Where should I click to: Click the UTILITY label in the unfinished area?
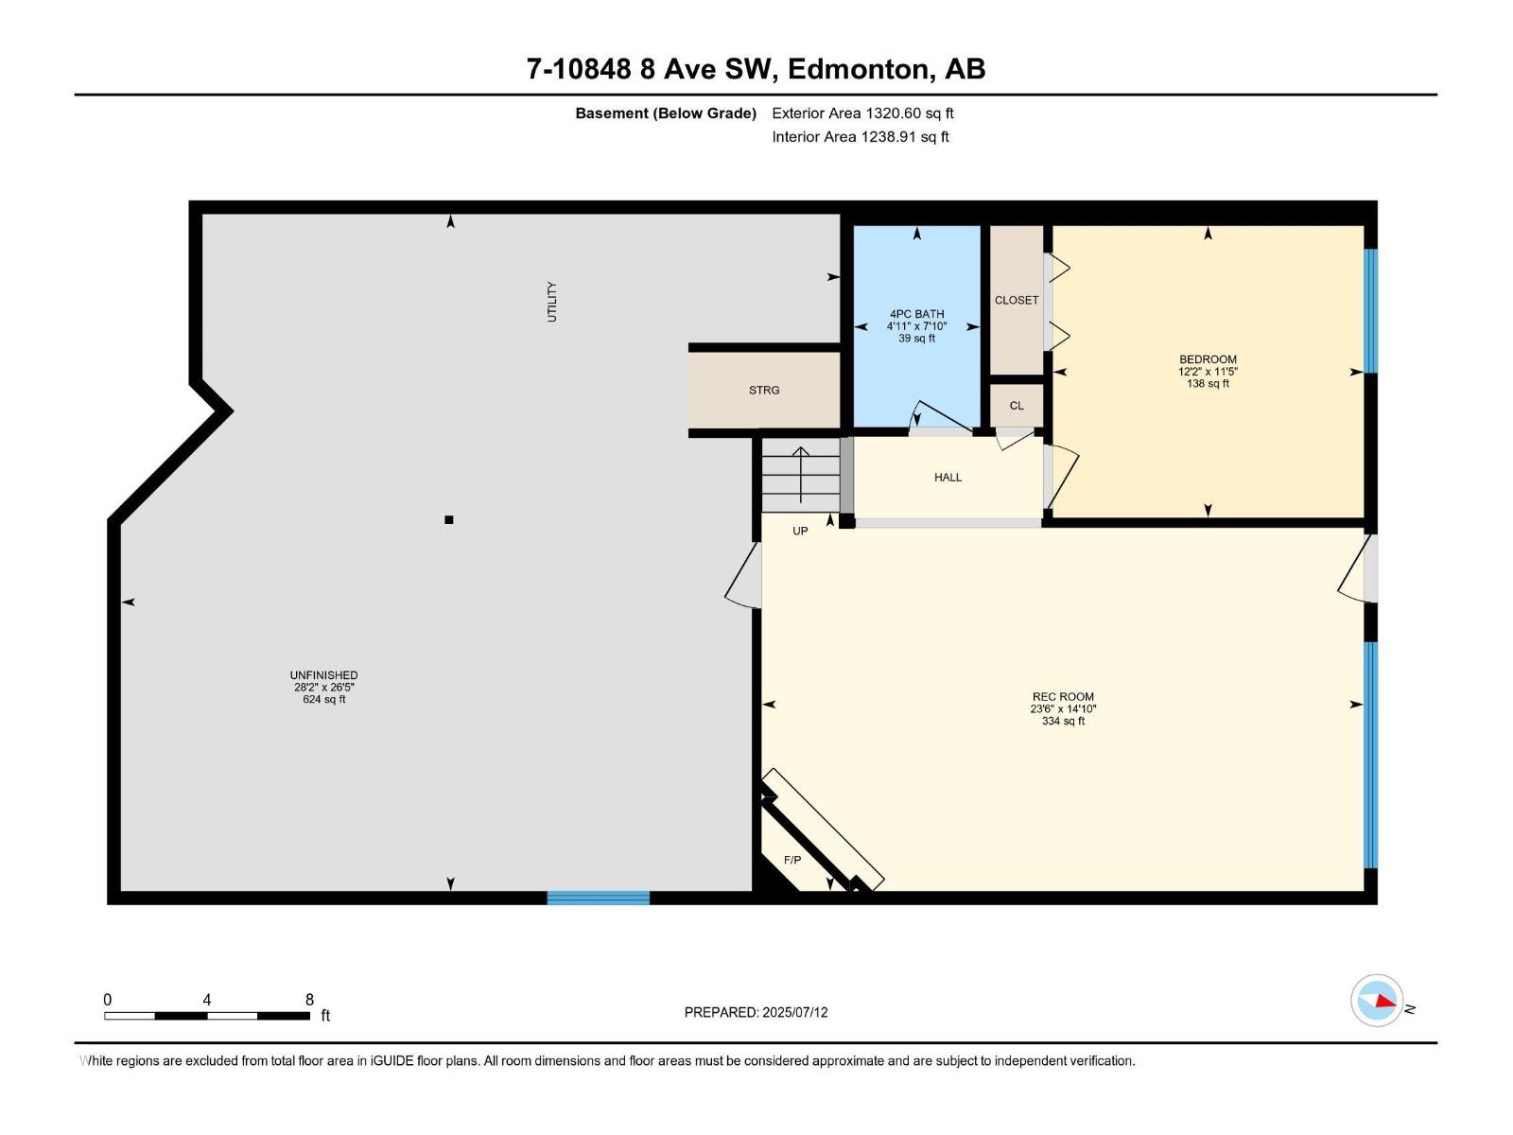(x=552, y=302)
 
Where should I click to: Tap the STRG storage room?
(x=764, y=390)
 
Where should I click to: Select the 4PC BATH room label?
(x=916, y=314)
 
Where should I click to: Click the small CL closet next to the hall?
(x=1017, y=406)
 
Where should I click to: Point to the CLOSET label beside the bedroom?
(x=1017, y=300)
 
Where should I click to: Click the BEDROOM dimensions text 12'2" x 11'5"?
(x=1208, y=372)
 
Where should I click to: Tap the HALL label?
(x=948, y=478)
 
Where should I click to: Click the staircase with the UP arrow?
(x=801, y=475)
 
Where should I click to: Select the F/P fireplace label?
(x=792, y=860)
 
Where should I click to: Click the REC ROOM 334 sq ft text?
(x=1063, y=721)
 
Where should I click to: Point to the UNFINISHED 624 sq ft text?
(x=324, y=700)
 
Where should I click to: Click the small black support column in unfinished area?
(x=449, y=519)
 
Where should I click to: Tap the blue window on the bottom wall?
(x=598, y=898)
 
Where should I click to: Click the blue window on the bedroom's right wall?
(x=1370, y=311)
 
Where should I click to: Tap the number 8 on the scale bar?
(x=309, y=1000)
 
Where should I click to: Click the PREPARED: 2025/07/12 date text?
(x=756, y=1012)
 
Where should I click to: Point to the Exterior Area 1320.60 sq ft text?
(x=862, y=113)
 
